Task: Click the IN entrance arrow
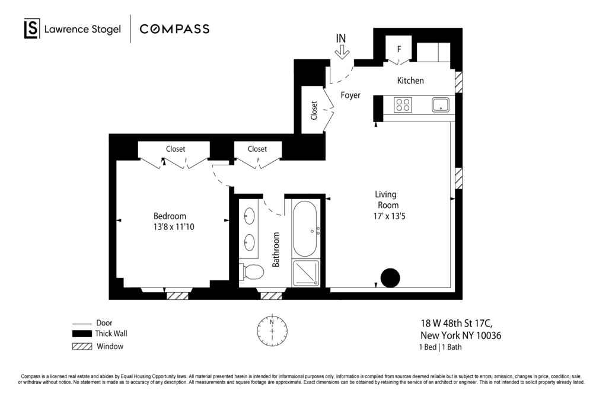tap(342, 52)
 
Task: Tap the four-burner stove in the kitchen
tap(403, 105)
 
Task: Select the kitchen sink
tap(441, 105)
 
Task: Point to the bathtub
tap(305, 229)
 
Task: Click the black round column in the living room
tap(390, 278)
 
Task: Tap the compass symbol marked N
tap(272, 330)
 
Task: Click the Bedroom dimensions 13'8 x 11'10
tap(174, 227)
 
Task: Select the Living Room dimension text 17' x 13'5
tap(389, 216)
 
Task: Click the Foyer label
tap(350, 95)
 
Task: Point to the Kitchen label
tap(410, 81)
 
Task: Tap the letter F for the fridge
tap(399, 49)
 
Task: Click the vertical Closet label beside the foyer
tap(314, 110)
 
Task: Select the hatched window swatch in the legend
tap(82, 347)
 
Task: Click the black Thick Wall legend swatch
tap(82, 334)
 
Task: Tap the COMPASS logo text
tap(174, 29)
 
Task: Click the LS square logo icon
tap(32, 28)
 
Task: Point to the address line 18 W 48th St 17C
tap(457, 324)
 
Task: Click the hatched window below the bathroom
tap(272, 296)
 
